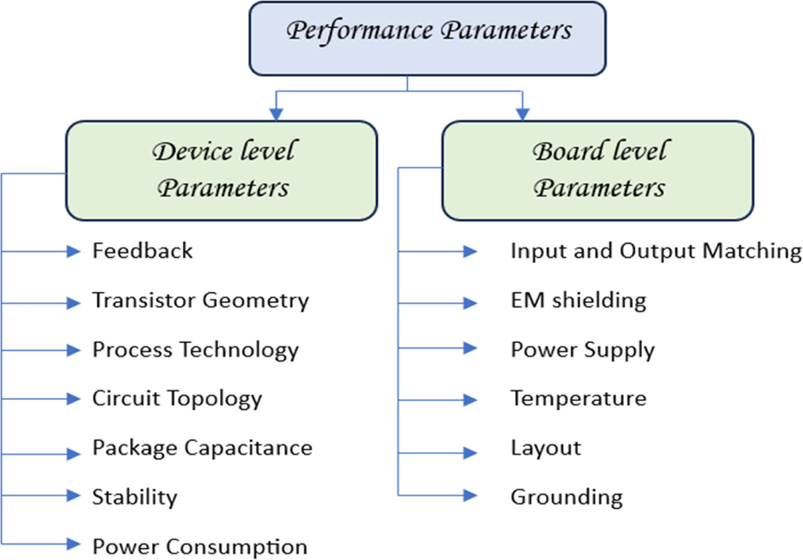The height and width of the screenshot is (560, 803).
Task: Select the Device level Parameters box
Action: click(x=221, y=170)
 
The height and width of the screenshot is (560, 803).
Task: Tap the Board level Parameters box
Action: click(x=598, y=170)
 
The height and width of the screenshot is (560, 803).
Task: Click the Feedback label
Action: click(x=142, y=250)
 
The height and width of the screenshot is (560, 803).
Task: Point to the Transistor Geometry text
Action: click(x=200, y=300)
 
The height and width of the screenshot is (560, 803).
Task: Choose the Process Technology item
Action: click(x=195, y=350)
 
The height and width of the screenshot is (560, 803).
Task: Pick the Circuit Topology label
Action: click(x=177, y=399)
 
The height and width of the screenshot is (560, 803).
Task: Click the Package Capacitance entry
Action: click(x=202, y=447)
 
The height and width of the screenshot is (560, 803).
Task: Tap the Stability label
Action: click(x=134, y=496)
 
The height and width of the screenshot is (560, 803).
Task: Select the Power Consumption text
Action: click(x=200, y=546)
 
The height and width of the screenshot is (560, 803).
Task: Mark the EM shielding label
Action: click(x=578, y=300)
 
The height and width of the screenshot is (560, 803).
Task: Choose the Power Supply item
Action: click(x=582, y=350)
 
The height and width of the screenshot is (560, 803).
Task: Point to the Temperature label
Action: click(x=578, y=399)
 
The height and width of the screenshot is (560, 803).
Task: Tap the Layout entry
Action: click(x=546, y=447)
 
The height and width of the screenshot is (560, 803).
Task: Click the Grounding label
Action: click(x=566, y=496)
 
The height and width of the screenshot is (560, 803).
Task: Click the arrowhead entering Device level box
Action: click(x=276, y=114)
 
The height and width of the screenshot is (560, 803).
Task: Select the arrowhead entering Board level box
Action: click(x=522, y=114)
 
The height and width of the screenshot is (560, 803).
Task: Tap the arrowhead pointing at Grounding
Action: click(x=470, y=495)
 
